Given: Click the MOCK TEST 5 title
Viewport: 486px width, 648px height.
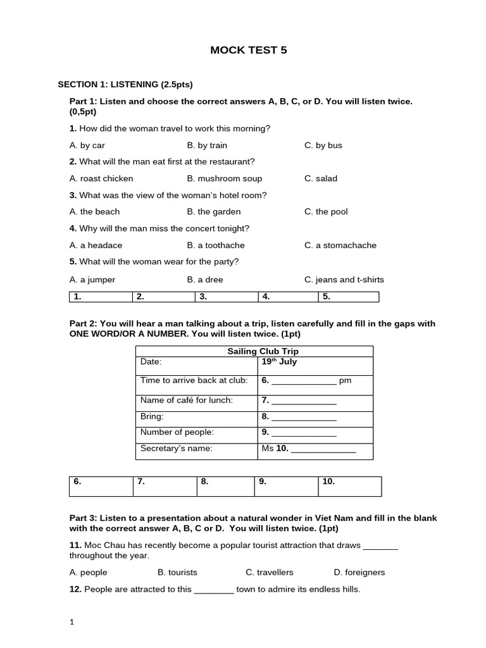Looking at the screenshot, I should coord(248,50).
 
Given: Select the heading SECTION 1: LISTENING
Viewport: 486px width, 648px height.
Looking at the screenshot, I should coord(125,84).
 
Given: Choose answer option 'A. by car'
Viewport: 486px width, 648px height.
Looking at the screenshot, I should coord(87,145).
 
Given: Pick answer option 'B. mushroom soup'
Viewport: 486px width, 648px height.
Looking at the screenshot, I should coord(225,178).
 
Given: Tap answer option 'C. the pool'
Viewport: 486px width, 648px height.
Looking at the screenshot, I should coord(326,211).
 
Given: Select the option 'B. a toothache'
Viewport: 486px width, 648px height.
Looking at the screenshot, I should coord(216,245).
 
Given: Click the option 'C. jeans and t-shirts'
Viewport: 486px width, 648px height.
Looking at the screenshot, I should coord(344,279).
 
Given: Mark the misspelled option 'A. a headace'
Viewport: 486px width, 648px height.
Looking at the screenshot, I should coord(96,245).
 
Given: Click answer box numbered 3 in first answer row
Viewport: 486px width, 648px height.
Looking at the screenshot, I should coord(227,296).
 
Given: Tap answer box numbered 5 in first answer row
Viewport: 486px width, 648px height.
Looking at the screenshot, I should coord(348,296).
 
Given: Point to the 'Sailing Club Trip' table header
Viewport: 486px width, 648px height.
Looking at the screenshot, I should coord(254,351).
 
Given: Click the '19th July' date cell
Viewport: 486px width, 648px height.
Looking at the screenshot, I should coord(279,362).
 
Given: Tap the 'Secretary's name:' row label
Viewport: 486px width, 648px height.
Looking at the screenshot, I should coord(177,449).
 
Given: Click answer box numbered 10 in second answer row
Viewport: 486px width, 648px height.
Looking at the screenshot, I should coord(349,486).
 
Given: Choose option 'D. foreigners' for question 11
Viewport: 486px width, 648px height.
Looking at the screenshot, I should coord(359,572).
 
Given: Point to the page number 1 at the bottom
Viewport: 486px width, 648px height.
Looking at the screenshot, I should coord(72,622).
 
